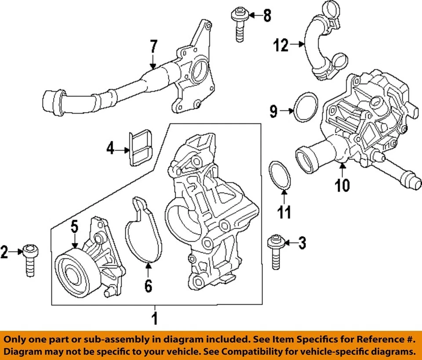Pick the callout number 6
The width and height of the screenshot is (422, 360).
click(148, 287)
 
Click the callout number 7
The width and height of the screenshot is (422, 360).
click(153, 47)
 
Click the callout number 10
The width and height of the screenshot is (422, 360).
click(342, 185)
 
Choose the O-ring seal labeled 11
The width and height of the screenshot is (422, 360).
click(279, 176)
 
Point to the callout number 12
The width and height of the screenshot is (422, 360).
click(281, 44)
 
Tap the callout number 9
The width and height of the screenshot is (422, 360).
click(273, 112)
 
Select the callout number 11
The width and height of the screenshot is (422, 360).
click(284, 213)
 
